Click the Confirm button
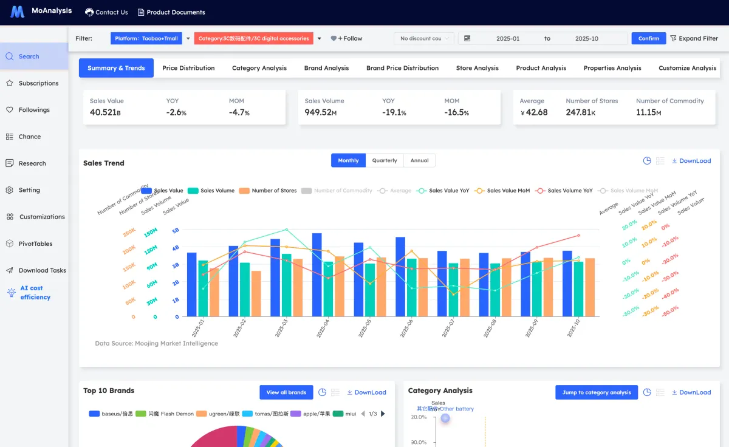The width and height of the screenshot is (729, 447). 648,38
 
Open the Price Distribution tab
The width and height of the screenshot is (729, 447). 188,68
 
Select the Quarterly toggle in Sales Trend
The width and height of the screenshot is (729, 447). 385,160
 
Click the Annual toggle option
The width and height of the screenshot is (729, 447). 419,160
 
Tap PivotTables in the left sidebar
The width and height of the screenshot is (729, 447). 35,244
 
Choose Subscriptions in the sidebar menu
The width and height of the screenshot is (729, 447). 38,83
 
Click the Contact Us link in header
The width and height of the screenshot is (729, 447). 106,12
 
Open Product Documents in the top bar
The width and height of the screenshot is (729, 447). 171,12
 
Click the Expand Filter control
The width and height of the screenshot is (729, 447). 693,38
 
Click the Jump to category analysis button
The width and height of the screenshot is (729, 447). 596,392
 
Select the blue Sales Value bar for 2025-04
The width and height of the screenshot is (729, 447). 317,275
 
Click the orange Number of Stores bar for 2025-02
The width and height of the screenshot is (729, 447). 256,293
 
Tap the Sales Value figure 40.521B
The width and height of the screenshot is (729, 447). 105,112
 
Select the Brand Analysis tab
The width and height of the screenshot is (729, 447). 326,68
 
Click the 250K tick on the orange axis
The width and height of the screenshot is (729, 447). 129,233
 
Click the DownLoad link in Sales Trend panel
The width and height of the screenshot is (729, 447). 691,161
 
